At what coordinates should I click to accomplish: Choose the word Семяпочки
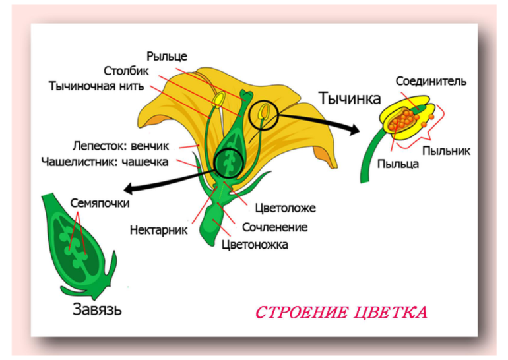[100, 203]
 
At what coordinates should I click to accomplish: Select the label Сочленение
[274, 227]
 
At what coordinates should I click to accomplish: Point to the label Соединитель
[431, 82]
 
